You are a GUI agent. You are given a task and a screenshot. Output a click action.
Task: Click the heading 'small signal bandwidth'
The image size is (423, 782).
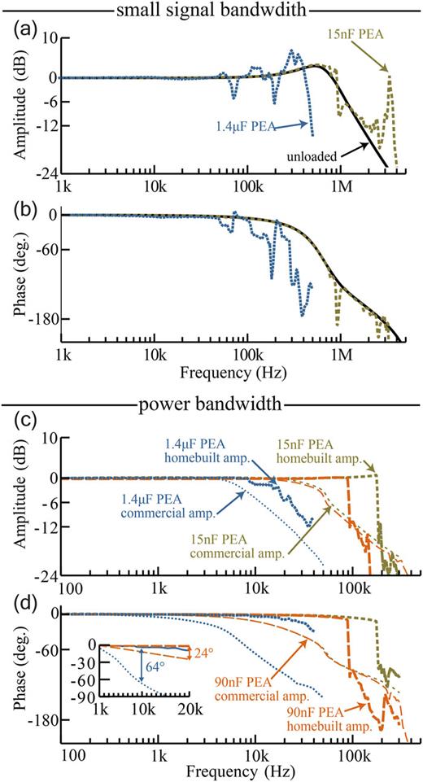pos(212,10)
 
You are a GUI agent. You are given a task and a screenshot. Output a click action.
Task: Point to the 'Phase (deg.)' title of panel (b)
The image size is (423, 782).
pos(14,269)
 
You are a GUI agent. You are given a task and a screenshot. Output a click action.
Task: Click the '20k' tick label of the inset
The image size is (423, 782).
pos(189,712)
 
